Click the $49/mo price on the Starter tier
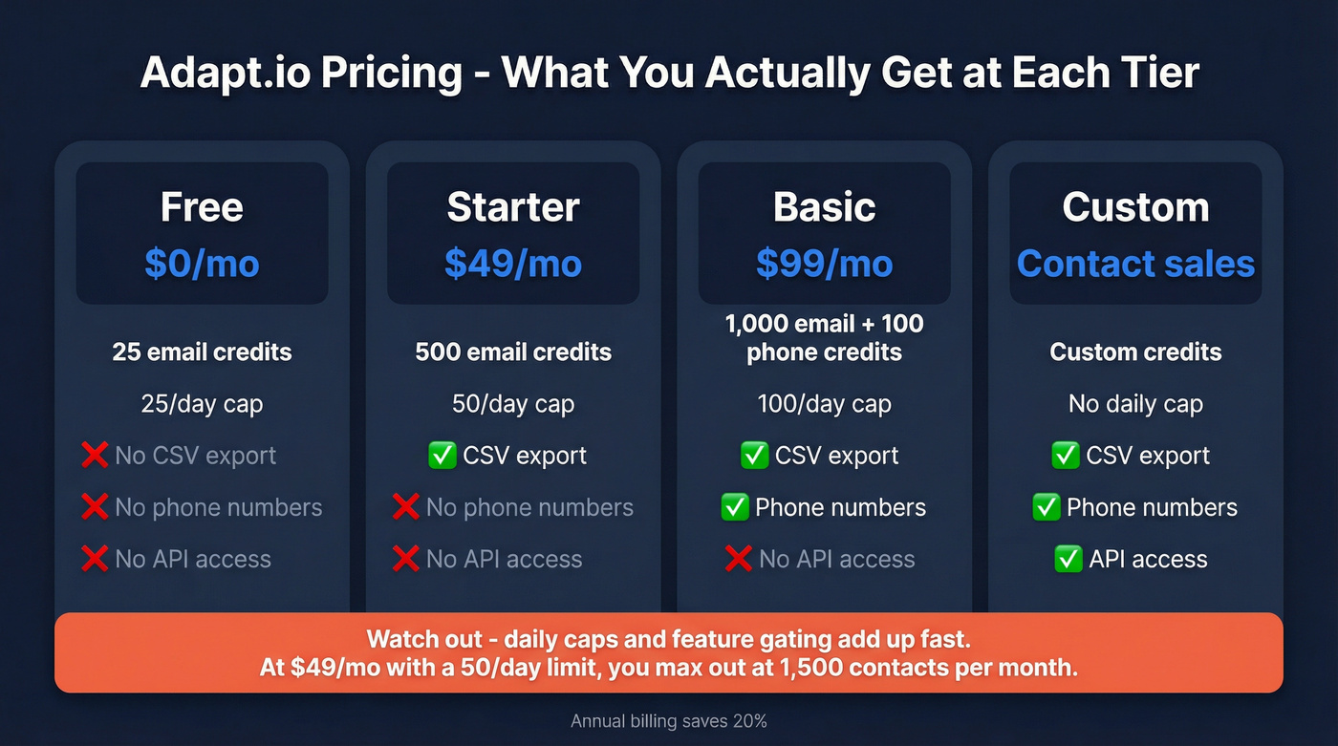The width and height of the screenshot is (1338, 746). coord(513,264)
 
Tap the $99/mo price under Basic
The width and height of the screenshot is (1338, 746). coord(824,264)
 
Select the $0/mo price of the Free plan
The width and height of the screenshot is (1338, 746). coord(202,264)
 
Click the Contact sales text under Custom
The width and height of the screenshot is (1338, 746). coord(1135,264)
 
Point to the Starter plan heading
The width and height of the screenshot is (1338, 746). coord(513,207)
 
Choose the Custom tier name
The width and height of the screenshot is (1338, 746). coord(1135,207)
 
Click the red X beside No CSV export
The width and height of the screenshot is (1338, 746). coord(95,456)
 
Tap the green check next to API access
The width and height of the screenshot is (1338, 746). coord(1067,559)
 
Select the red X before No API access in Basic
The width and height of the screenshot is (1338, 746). coord(738,559)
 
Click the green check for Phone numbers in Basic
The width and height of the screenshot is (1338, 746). coord(735,507)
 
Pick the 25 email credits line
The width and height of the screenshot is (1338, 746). coord(202,352)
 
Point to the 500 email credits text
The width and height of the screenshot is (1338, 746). coord(513,352)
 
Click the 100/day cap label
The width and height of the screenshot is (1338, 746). coord(824,404)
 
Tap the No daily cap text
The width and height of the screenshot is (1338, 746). coord(1135,404)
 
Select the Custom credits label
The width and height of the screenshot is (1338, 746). coord(1135,352)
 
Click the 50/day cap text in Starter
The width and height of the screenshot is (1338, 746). coord(513,404)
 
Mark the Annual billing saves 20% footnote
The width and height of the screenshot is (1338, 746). coord(669,721)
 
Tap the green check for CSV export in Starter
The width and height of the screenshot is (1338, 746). coord(442,456)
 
